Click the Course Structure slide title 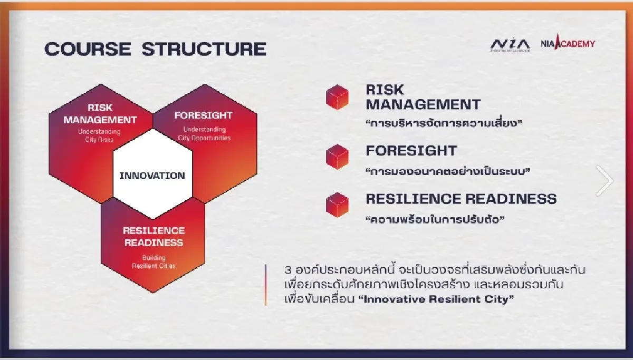(x=155, y=48)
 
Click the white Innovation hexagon (x=152, y=176)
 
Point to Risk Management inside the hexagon (x=100, y=114)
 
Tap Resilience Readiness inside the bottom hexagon (x=154, y=237)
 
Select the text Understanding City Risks (x=99, y=135)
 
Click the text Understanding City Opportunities (x=204, y=134)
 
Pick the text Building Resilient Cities (x=154, y=262)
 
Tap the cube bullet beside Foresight (x=338, y=157)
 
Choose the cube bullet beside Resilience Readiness (x=338, y=205)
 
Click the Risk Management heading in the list (x=423, y=97)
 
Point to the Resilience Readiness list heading (x=461, y=199)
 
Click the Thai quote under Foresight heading (x=447, y=171)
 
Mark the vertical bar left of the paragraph (x=266, y=285)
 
